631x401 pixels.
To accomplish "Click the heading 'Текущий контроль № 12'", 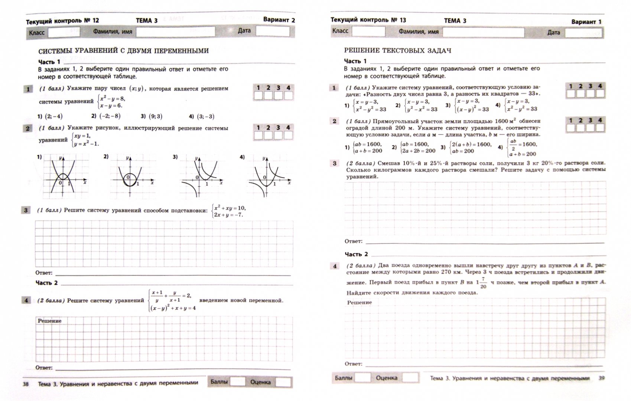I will pos(62,21).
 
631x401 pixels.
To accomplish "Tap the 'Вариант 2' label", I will pos(279,20).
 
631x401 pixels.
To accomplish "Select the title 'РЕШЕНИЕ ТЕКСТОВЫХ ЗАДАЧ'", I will pos(397,50).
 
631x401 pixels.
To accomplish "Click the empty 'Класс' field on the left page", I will pos(64,32).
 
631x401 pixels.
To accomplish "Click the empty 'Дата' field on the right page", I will pos(583,33).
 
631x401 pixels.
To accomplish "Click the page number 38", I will pos(26,384).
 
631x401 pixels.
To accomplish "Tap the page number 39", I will pos(602,378).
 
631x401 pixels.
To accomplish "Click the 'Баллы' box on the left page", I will pos(238,382).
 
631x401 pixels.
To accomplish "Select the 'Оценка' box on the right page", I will pos(410,378).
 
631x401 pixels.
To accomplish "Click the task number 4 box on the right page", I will pos(335,266).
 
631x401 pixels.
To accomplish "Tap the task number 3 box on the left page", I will pos(26,210).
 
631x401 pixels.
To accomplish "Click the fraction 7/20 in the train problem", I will pos(483,283).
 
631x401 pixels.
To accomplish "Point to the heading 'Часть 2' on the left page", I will pos(46,283).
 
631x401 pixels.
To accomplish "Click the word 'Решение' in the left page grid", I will pos(49,321).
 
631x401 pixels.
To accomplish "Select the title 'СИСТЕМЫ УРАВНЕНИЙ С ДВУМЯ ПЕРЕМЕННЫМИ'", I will pos(123,51).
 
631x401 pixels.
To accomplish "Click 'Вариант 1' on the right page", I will pos(586,22).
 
